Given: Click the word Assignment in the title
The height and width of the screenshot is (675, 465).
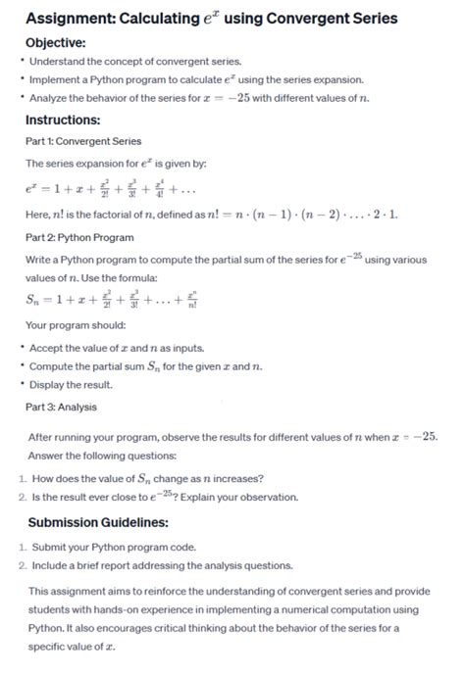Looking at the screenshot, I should [67, 19].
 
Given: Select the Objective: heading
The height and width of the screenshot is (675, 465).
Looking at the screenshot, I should [56, 43].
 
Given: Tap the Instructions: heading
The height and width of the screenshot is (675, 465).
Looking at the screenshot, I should [63, 120].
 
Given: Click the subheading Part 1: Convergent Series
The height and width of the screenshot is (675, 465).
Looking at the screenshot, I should [83, 141].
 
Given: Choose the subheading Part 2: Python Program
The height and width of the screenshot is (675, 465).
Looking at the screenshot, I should [79, 237].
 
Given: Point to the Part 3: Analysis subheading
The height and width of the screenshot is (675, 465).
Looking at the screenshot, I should [62, 407].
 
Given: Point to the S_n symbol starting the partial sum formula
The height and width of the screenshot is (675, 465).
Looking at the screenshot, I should [36, 302].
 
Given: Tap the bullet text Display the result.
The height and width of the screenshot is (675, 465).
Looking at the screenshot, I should [75, 384].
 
